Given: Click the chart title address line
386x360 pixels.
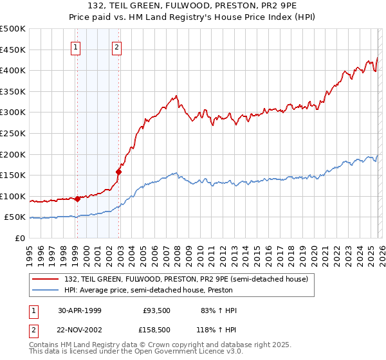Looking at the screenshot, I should coord(193,7).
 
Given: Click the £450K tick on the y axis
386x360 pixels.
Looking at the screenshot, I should coord(13,50).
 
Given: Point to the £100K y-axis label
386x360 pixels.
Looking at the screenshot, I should coord(13,196).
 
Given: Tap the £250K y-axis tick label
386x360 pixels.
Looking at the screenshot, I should coord(13,133).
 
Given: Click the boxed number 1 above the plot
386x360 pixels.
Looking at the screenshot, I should coord(77,46).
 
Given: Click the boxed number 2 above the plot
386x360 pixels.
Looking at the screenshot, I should coord(116,46).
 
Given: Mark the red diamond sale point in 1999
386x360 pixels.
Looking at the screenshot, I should coord(78,199).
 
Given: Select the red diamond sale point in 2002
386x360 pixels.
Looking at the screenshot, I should coord(118,171).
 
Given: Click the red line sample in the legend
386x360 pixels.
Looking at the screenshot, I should coord(45,279).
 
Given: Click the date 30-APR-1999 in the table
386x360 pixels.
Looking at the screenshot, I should coord(80,310).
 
